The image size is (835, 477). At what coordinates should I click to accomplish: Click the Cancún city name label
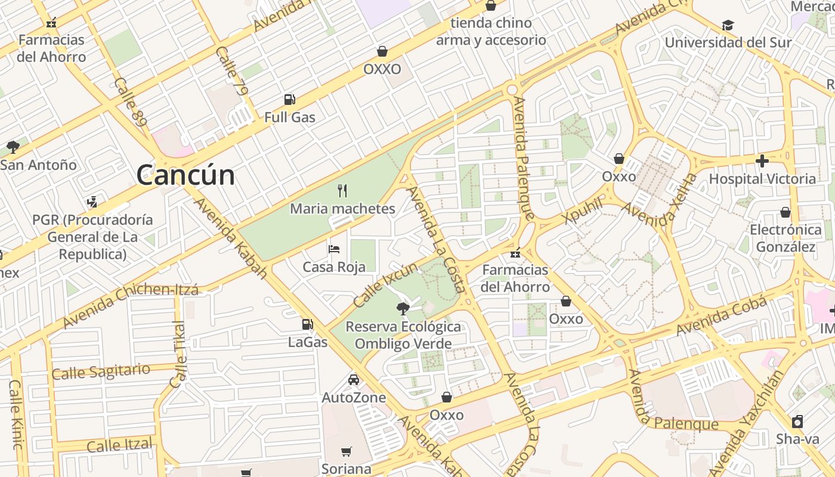pyautogui.click(x=185, y=175)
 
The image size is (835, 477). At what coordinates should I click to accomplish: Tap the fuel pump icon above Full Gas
pyautogui.click(x=290, y=100)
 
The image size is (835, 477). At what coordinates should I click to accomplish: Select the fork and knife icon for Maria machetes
pyautogui.click(x=342, y=191)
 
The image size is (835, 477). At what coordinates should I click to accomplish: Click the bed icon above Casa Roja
pyautogui.click(x=334, y=249)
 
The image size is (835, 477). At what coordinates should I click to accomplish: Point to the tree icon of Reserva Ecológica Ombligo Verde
pyautogui.click(x=403, y=308)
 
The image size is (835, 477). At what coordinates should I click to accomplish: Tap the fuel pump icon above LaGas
pyautogui.click(x=308, y=324)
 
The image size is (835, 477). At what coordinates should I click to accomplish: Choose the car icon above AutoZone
pyautogui.click(x=354, y=380)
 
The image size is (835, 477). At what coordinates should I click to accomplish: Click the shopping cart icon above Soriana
pyautogui.click(x=347, y=451)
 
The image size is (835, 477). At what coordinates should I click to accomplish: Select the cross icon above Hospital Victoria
pyautogui.click(x=762, y=161)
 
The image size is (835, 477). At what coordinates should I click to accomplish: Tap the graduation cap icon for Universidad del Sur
pyautogui.click(x=728, y=25)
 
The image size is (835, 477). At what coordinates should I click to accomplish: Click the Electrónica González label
pyautogui.click(x=785, y=238)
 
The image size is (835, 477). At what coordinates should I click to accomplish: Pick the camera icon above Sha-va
pyautogui.click(x=797, y=422)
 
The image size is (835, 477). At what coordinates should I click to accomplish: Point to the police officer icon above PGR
pyautogui.click(x=92, y=202)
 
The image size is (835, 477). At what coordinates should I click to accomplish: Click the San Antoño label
pyautogui.click(x=38, y=165)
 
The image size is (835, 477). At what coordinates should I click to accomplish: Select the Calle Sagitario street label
pyautogui.click(x=100, y=371)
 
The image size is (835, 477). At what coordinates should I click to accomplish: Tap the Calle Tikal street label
pyautogui.click(x=178, y=355)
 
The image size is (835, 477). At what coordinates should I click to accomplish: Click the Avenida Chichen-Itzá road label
pyautogui.click(x=131, y=306)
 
